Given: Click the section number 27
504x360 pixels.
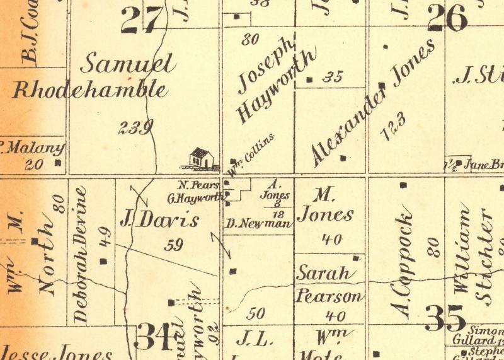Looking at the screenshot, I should click(x=142, y=20).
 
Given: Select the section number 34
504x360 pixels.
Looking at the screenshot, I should click(x=154, y=337).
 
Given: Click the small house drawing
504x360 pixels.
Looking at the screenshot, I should click(x=201, y=158).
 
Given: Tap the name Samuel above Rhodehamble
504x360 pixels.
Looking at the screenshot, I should click(x=128, y=65).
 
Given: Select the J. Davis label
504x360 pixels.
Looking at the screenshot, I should click(x=159, y=221).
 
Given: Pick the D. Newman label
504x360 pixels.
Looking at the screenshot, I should click(x=258, y=223).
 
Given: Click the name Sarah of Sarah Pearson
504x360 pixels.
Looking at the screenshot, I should click(x=323, y=274).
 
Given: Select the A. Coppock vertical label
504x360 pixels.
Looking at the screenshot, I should click(x=404, y=265).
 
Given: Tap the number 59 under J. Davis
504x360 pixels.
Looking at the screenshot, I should click(x=173, y=246).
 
